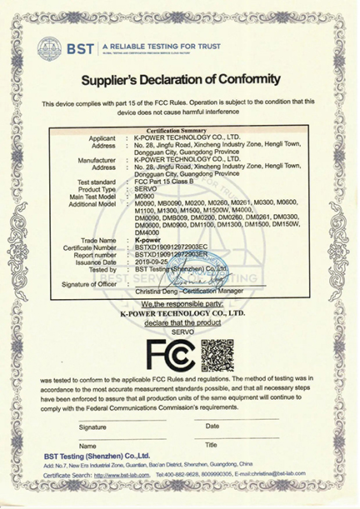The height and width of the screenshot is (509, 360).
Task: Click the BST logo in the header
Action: (x=71, y=47)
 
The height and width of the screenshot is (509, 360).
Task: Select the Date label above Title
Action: (x=212, y=426)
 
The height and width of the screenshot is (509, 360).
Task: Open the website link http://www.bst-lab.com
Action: (x=128, y=475)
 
